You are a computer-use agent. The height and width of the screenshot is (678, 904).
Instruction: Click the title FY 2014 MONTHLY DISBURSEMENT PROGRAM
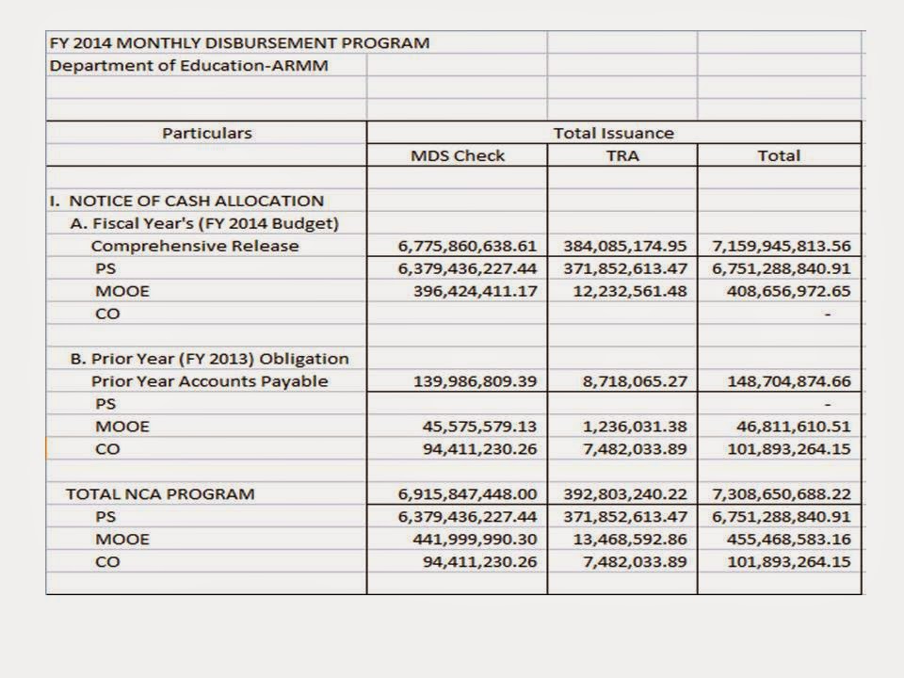point(239,42)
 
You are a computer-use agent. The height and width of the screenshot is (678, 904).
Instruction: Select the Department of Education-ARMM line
point(188,66)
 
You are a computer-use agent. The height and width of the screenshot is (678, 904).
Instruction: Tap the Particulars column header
point(207,133)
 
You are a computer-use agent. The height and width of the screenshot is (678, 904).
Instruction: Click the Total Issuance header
point(614,133)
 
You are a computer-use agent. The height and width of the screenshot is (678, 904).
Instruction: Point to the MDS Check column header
point(458,155)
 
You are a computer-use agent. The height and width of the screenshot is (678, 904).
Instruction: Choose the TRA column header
point(622,155)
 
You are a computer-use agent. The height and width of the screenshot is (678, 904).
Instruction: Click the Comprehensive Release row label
point(195,246)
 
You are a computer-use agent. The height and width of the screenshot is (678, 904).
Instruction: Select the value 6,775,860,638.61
point(468,246)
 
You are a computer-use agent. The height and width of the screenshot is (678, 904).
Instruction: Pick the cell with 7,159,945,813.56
point(782,246)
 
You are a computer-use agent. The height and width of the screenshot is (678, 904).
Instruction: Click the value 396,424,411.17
point(476,291)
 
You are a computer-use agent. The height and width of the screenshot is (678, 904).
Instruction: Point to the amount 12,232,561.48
point(629,291)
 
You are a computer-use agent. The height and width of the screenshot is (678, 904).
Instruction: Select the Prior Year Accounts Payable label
point(210,381)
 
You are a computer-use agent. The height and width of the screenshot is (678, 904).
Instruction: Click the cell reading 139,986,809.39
point(476,381)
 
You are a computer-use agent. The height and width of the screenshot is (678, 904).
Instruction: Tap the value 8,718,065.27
point(636,381)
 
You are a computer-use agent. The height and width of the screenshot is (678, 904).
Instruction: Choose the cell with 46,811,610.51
point(793,427)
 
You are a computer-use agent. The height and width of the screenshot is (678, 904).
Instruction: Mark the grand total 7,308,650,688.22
point(782,493)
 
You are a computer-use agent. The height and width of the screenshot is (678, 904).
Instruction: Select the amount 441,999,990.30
point(476,540)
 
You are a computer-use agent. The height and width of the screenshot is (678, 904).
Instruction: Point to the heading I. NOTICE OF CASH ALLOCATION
point(186,201)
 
